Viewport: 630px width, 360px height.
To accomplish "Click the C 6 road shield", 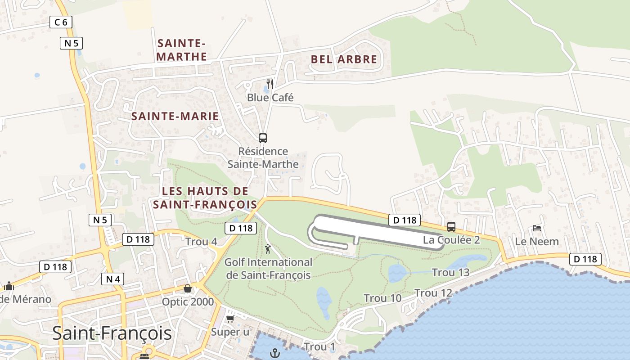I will (61, 22).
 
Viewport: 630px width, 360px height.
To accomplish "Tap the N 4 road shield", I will (112, 279).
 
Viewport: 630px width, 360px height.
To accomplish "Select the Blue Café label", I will (270, 97).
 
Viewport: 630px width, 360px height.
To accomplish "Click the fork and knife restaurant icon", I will (270, 84).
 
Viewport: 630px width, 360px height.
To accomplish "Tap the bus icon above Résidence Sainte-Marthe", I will (263, 138).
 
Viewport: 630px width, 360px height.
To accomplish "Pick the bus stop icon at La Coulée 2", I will (451, 227).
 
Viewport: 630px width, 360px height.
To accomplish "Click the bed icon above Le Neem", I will (537, 228).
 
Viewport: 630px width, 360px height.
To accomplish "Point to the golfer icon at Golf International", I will (268, 249).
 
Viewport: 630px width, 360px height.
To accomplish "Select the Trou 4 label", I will (201, 242).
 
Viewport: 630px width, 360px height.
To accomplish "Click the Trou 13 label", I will (450, 272).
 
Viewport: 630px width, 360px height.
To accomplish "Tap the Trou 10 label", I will (382, 298).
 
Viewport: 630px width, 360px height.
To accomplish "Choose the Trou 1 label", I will (319, 347).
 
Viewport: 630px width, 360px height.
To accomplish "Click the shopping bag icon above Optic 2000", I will (188, 288).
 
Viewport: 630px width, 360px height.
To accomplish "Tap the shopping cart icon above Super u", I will (230, 319).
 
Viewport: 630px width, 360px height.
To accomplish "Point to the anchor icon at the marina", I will (274, 353).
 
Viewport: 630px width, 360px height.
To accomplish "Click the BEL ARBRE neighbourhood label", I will (344, 59).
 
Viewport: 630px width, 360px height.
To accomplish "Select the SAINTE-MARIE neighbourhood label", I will (175, 116).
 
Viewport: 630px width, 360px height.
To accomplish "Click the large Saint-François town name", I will (112, 333).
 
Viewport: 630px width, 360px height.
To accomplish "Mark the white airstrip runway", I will (373, 229).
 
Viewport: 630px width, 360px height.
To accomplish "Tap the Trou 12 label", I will (433, 293).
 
